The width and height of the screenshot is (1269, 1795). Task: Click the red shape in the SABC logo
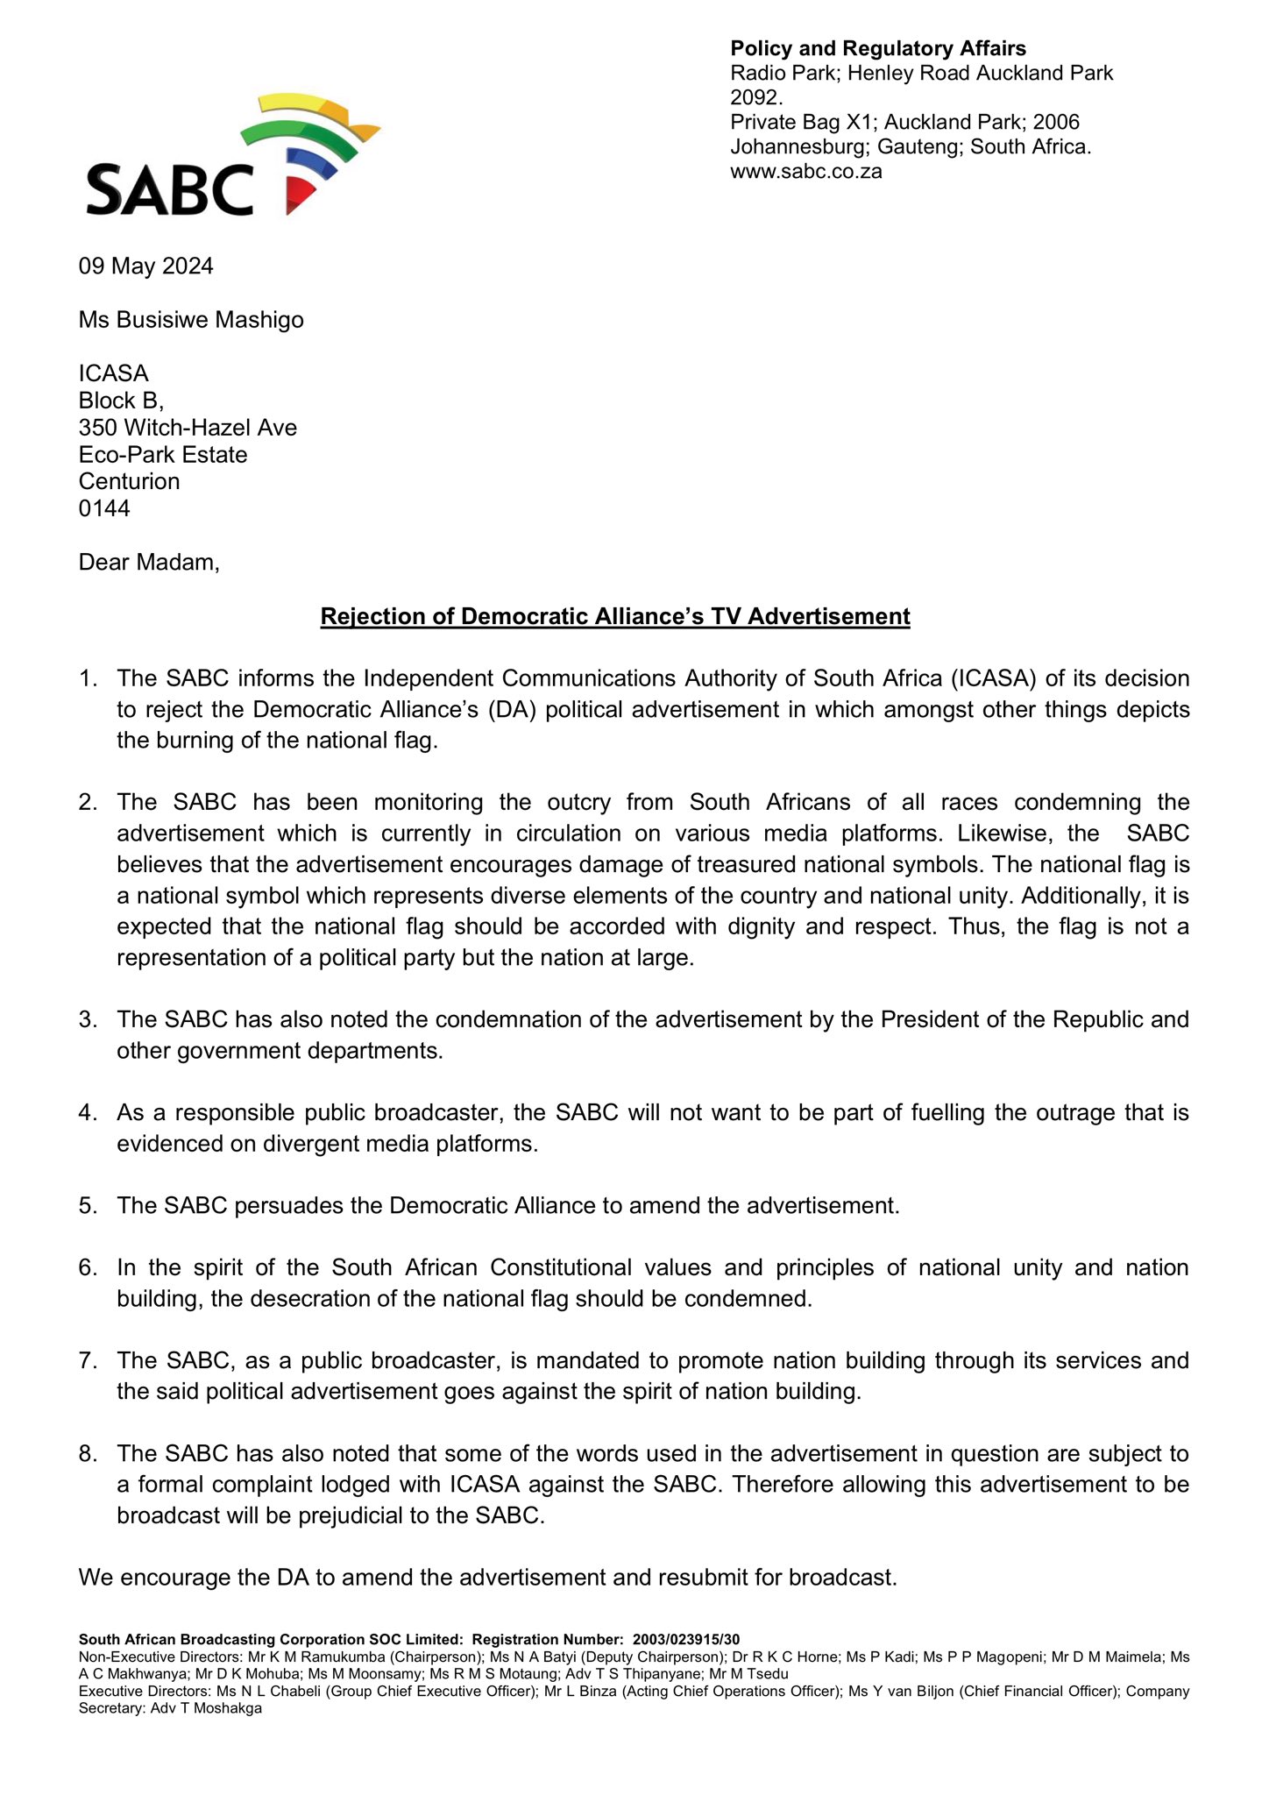pos(299,194)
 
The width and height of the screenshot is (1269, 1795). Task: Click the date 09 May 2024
pos(146,266)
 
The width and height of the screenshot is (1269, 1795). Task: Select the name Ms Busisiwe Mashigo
pos(191,320)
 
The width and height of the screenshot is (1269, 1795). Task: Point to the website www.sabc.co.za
pos(805,172)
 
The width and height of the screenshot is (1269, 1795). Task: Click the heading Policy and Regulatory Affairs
pos(878,49)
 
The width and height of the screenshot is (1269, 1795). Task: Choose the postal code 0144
pos(104,508)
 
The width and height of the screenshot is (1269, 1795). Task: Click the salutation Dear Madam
pos(149,563)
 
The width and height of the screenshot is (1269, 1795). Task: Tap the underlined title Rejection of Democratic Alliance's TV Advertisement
pos(615,617)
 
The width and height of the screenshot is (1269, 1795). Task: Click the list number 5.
pos(88,1206)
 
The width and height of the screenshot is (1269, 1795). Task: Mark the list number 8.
pos(88,1454)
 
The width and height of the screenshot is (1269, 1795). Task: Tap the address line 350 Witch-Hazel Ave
pos(188,428)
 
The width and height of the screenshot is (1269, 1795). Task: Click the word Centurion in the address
pos(129,481)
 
